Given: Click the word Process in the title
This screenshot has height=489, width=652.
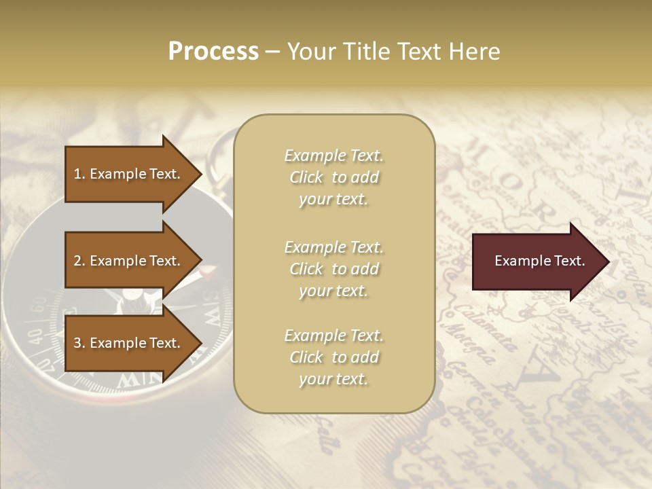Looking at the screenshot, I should click(213, 52).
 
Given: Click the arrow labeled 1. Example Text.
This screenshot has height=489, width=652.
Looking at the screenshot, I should click(129, 174).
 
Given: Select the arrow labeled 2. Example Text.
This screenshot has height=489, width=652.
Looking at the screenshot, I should click(129, 261).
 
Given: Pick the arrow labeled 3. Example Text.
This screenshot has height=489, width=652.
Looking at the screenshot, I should click(129, 343).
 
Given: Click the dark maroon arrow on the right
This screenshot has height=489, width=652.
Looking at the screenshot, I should click(537, 261).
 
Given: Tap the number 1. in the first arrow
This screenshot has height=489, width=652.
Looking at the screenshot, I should click(79, 174).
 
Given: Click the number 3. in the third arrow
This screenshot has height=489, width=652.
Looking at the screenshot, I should click(79, 343).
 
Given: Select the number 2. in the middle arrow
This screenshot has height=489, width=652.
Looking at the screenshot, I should click(79, 261).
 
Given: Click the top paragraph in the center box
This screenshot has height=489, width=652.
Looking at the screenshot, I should click(333, 177).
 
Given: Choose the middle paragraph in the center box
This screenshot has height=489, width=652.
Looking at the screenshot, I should click(333, 269).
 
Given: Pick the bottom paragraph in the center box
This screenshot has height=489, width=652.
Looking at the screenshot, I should click(333, 357).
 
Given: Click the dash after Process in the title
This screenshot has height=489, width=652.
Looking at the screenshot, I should click(273, 52).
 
